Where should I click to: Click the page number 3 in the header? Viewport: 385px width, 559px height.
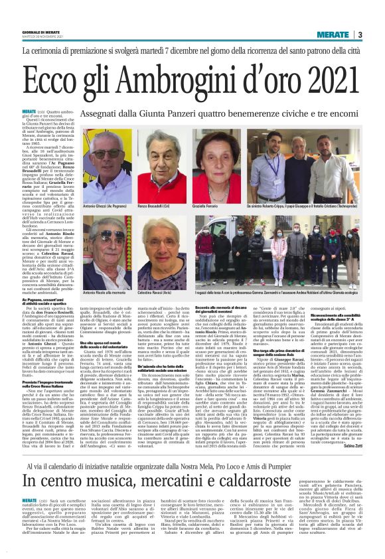[360, 35]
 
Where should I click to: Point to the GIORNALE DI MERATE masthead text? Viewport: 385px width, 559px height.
[40, 32]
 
